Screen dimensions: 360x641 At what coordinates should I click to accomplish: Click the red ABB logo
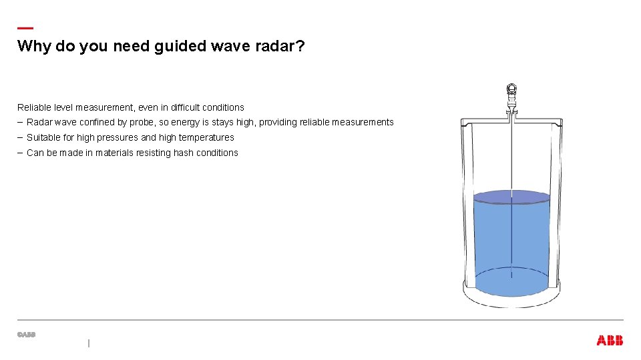610,341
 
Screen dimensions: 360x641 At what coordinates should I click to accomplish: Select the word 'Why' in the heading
31,47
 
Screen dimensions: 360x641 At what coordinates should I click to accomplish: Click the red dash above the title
25,28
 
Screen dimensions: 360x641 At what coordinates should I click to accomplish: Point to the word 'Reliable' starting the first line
33,107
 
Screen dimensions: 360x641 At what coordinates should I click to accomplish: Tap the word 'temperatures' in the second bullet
206,138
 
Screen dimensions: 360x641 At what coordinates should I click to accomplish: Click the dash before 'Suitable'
20,137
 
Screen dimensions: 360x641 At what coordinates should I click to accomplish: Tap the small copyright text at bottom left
26,335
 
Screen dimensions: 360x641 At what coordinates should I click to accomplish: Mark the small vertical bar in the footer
88,343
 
